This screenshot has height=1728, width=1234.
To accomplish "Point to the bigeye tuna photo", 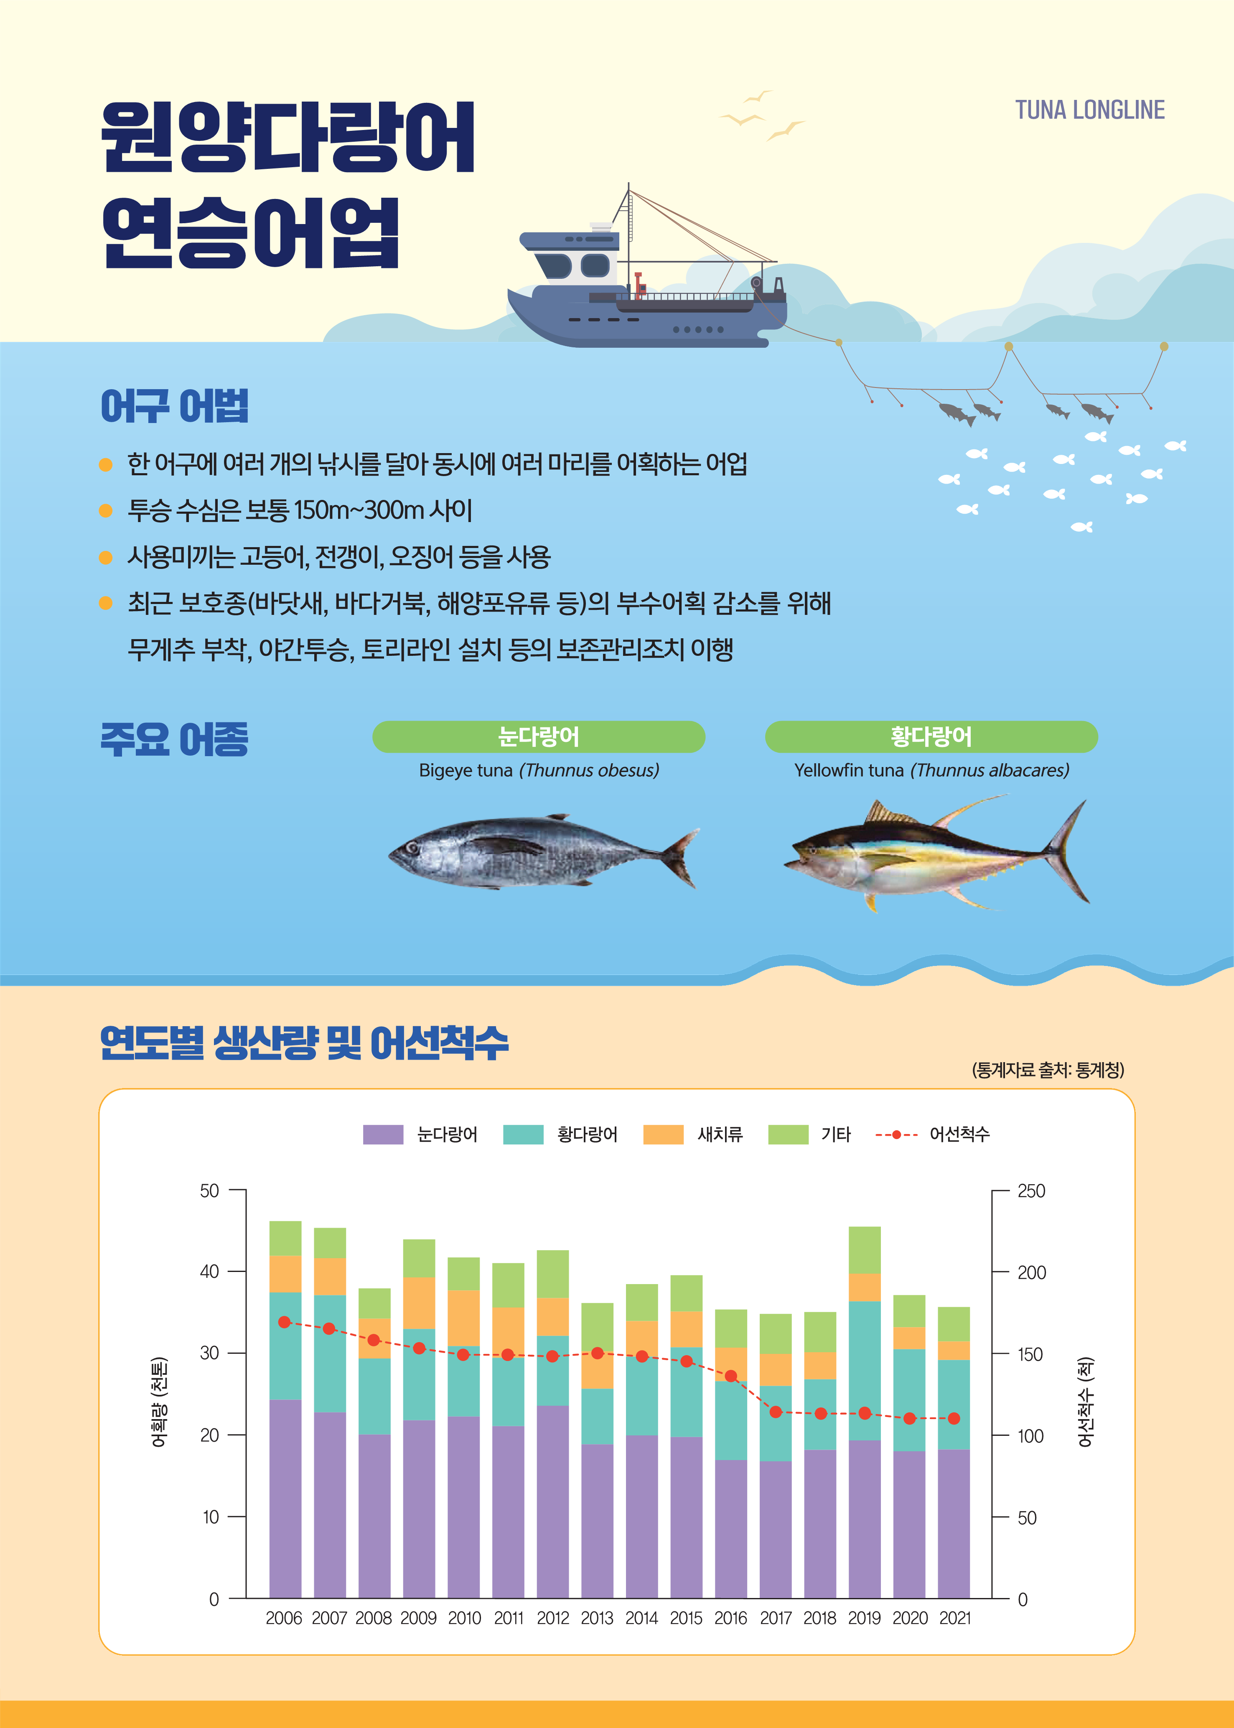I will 539,853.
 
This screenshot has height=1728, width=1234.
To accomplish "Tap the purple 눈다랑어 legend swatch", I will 383,1134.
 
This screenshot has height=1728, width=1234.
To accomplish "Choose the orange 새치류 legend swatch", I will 663,1134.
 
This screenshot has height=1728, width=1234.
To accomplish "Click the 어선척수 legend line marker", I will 897,1134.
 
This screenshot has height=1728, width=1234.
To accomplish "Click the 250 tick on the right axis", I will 1031,1191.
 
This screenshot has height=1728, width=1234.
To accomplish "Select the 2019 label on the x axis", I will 865,1618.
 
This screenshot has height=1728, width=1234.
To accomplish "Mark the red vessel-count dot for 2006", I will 285,1322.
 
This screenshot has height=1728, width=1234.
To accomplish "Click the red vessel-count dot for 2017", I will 776,1412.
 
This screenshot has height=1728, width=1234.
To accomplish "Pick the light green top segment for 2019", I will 865,1250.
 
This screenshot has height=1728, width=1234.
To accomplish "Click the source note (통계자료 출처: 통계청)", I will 1048,1070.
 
